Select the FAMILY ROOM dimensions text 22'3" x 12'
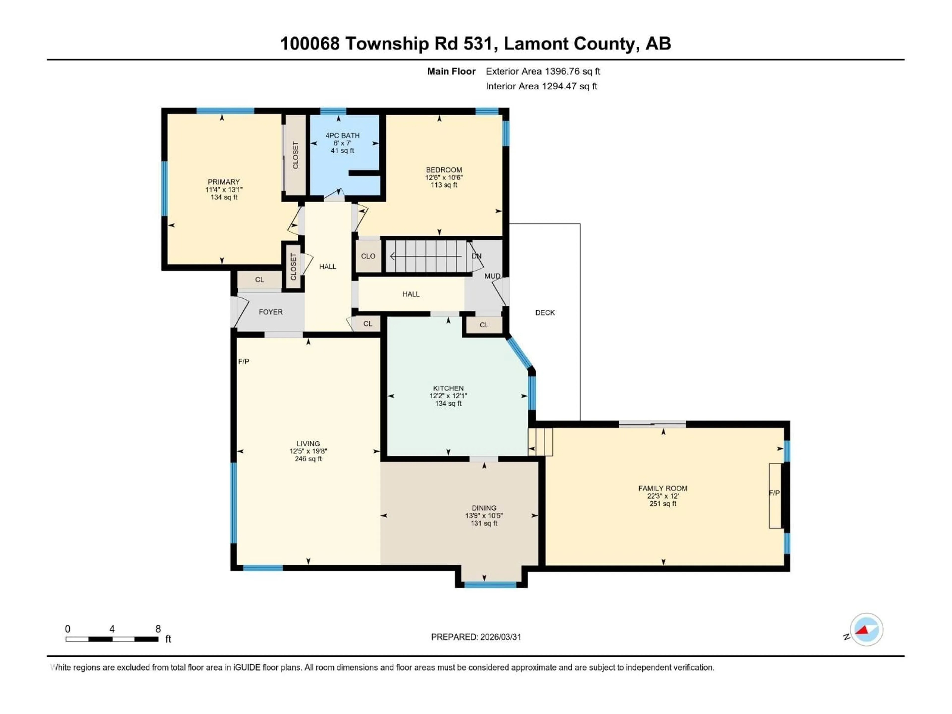pos(662,496)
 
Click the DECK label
pos(545,312)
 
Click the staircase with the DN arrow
pos(426,256)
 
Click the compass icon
pos(866,629)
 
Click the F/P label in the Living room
pos(244,361)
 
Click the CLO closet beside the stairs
pos(368,256)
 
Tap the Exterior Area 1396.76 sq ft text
pos(543,71)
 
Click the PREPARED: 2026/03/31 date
pos(476,637)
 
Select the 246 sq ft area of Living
pos(308,459)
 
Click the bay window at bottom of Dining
pos(490,584)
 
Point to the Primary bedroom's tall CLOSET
pos(295,155)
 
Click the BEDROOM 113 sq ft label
pos(444,185)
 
